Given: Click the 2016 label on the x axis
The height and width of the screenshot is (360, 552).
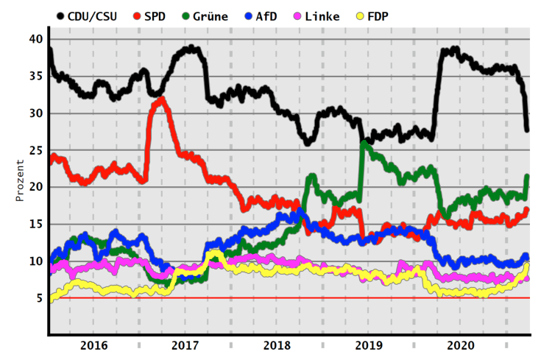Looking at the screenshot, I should point(94,345).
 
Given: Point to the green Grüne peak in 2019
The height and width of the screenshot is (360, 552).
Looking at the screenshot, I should point(364,144).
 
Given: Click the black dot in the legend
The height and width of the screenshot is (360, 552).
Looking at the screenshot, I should point(60,16).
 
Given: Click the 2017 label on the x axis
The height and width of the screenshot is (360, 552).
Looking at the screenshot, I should point(185,345).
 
